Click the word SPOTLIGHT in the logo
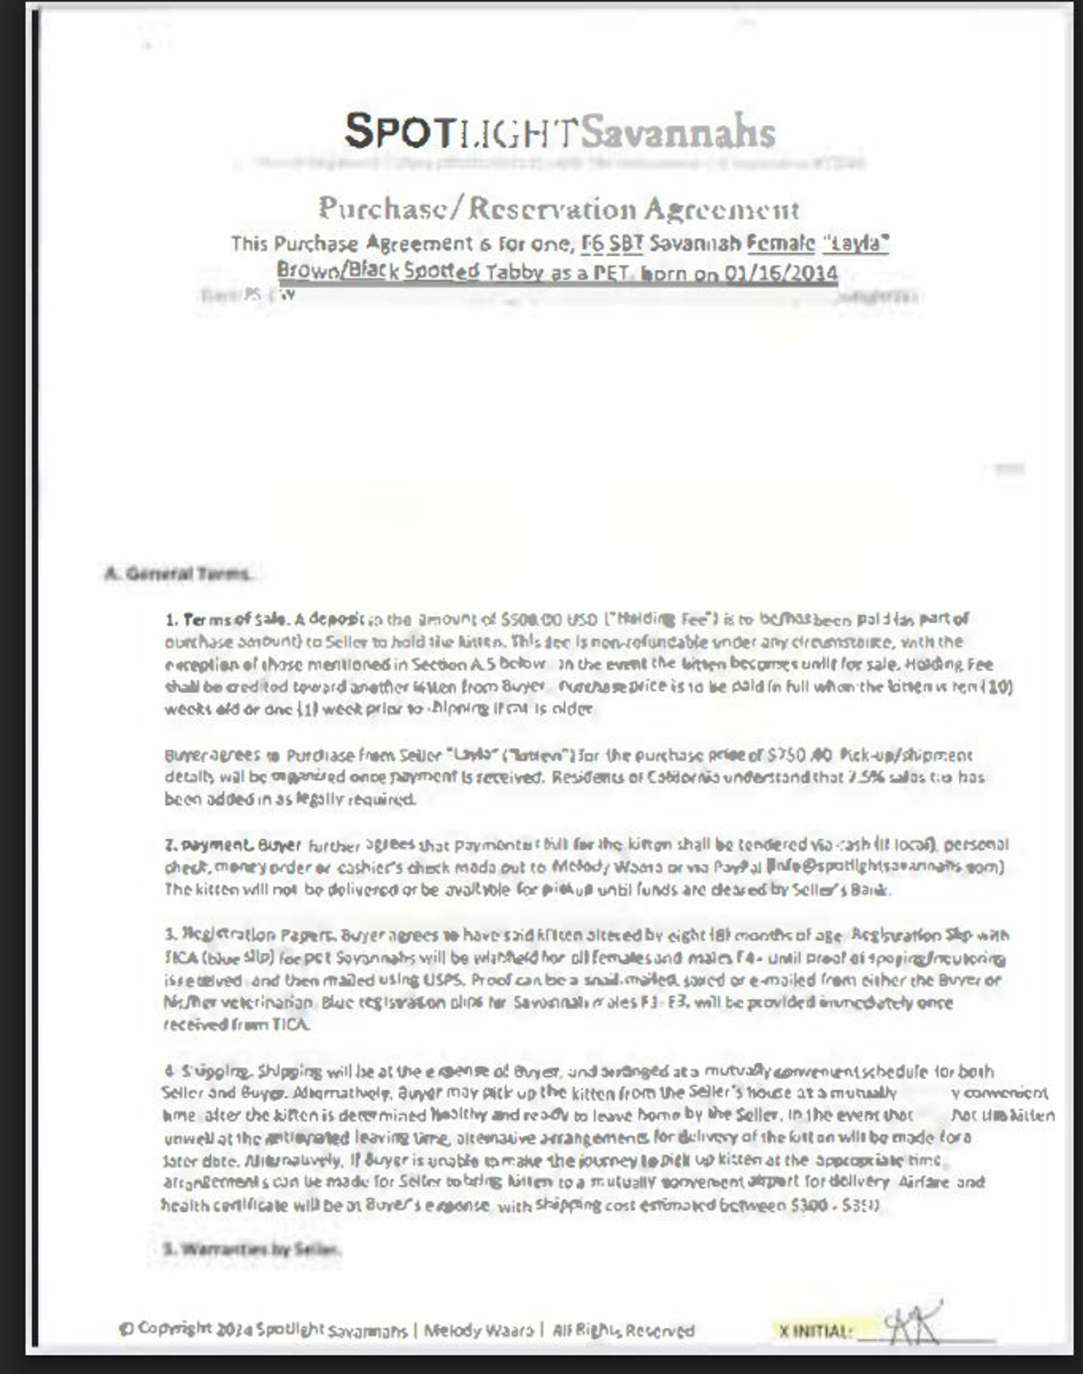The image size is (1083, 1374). coord(461,131)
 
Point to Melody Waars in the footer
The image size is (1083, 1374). coord(479,1330)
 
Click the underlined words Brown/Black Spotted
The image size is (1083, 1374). coord(378,271)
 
